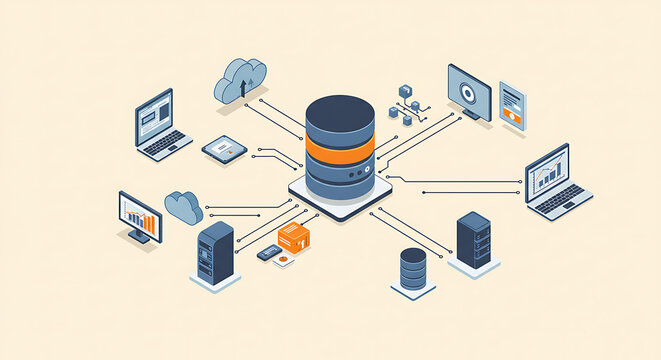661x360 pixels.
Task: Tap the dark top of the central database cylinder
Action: [x=340, y=110]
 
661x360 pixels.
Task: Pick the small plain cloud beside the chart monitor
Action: [x=184, y=206]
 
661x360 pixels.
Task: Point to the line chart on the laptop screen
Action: [x=547, y=173]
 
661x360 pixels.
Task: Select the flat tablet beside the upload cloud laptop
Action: [x=224, y=150]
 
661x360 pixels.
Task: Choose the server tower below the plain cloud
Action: [x=215, y=253]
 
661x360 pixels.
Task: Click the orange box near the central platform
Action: [x=294, y=237]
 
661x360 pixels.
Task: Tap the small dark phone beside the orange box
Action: [x=268, y=253]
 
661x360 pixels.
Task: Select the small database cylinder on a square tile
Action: [x=412, y=269]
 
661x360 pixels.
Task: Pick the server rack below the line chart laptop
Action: [x=474, y=240]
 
